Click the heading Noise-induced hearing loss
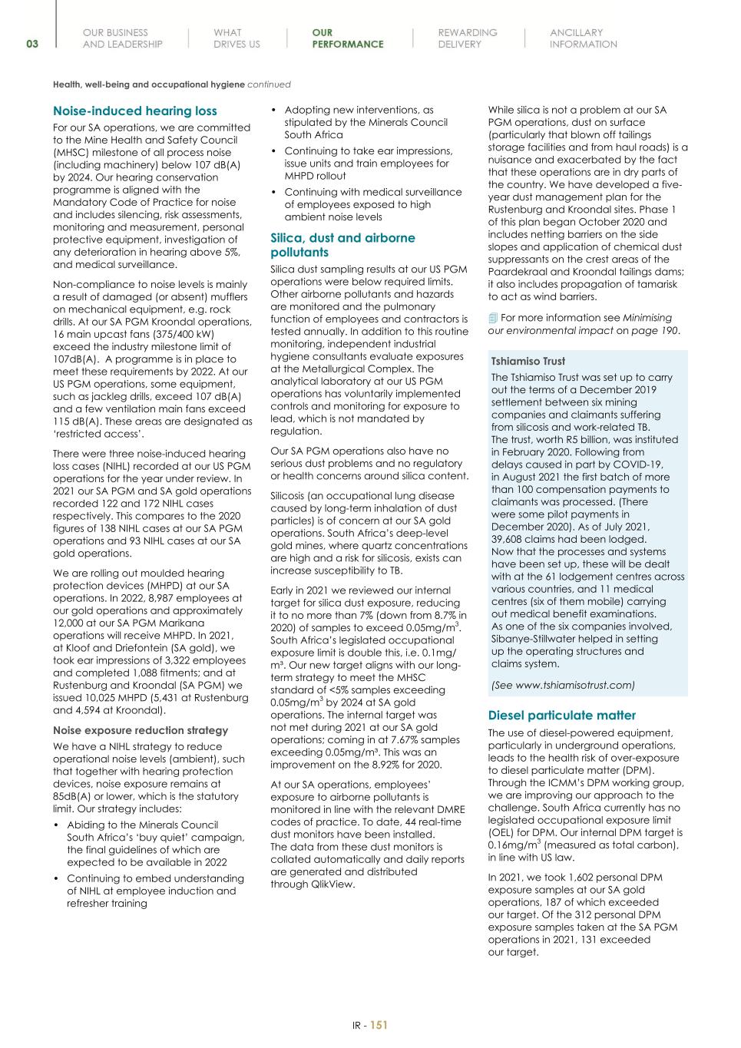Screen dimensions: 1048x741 (x=135, y=111)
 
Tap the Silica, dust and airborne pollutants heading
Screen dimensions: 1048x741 (x=342, y=245)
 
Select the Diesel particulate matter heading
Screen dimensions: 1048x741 (x=562, y=715)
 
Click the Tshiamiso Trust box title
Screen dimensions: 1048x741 (x=528, y=361)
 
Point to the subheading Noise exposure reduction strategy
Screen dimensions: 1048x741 (x=141, y=730)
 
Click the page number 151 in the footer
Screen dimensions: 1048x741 (x=379, y=1024)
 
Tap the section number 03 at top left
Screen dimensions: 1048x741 (x=32, y=44)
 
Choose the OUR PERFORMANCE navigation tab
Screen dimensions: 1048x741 (x=347, y=38)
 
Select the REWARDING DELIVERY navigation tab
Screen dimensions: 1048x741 (x=467, y=38)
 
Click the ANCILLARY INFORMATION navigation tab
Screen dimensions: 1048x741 (x=583, y=38)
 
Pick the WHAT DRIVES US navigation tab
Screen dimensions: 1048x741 (x=237, y=38)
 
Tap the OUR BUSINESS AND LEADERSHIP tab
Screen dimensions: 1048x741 (x=122, y=38)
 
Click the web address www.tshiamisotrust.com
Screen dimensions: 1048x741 (x=565, y=685)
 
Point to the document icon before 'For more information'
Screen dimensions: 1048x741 (x=493, y=318)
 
